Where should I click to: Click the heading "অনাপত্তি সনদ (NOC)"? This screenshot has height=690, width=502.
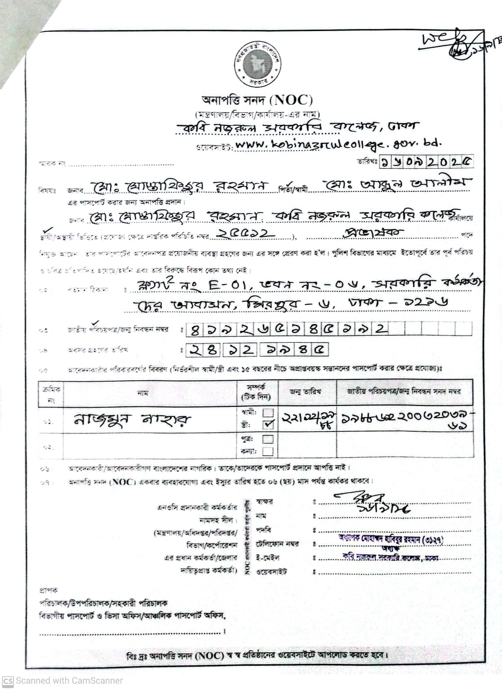coord(257,100)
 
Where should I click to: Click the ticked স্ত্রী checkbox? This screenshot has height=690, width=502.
coord(268,424)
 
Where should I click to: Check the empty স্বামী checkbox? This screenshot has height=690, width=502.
coord(268,412)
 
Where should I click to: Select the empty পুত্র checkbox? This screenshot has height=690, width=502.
coord(268,439)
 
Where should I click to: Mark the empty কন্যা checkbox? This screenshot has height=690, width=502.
coord(268,451)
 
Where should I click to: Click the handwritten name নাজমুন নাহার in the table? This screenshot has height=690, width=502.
coord(132,420)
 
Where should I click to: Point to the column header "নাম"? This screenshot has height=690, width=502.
coord(143,392)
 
